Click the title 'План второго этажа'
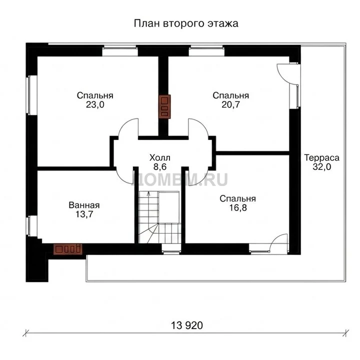186,23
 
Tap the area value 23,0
95,104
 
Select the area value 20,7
230,104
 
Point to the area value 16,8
238,208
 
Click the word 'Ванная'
84,205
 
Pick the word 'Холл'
160,157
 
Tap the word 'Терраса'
321,157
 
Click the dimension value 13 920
187,325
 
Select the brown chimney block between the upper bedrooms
164,106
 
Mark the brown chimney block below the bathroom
67,249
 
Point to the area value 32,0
321,167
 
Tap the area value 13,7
84,214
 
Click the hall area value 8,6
160,167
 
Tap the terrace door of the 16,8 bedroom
278,243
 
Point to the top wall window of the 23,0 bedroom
120,51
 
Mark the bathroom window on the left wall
31,226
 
